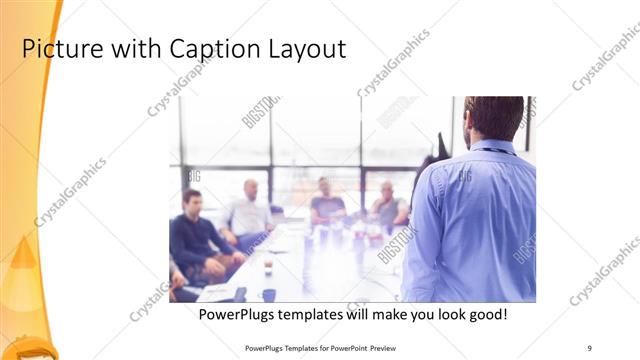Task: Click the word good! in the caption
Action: point(484,314)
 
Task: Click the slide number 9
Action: point(590,347)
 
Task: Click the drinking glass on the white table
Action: point(267,266)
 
